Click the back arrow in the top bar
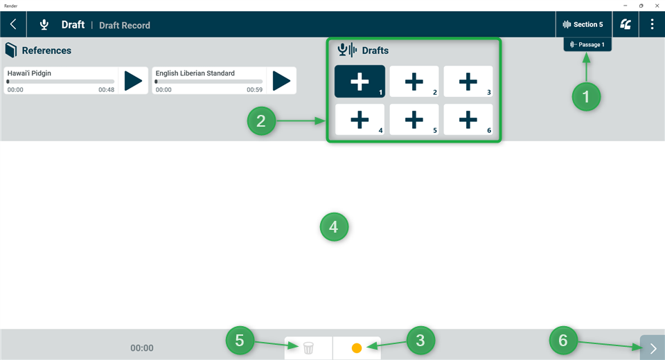[13, 24]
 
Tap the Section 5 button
[583, 24]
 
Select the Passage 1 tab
[587, 44]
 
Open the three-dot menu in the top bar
[652, 24]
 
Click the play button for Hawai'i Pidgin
[133, 81]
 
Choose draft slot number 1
[360, 81]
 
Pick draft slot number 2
[414, 81]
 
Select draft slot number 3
[468, 81]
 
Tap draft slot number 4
[360, 119]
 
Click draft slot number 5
[414, 119]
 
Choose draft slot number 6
[468, 119]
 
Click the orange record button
[357, 348]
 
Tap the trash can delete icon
[308, 348]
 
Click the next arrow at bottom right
[653, 348]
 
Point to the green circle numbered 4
[334, 226]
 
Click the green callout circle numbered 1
[586, 98]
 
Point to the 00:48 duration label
[106, 90]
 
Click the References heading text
[46, 51]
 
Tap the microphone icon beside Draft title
[44, 25]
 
